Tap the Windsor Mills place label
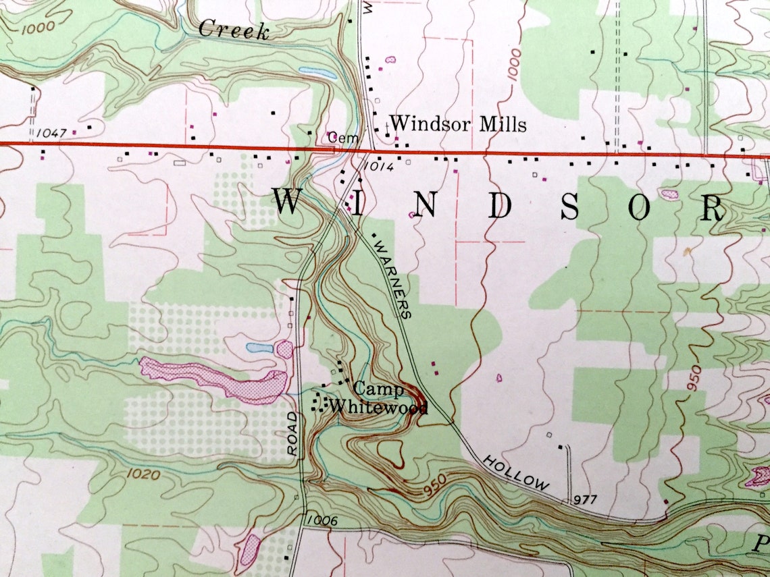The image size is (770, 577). pos(458,124)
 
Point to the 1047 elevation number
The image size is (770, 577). pos(52,133)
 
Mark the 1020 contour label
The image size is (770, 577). pos(143,475)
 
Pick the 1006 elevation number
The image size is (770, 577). pos(322,520)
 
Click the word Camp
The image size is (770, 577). pos(379,389)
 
